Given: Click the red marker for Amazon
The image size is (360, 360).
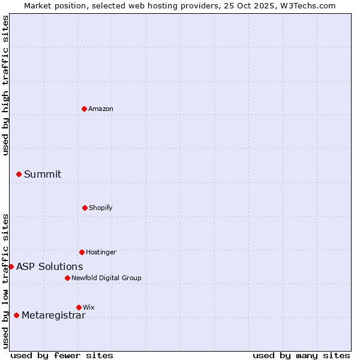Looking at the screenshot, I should pyautogui.click(x=85, y=109).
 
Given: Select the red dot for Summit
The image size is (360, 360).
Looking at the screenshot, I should pyautogui.click(x=19, y=174).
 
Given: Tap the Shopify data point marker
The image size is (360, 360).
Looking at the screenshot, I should pyautogui.click(x=85, y=208).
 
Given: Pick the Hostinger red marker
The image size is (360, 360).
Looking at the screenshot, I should pyautogui.click(x=82, y=252).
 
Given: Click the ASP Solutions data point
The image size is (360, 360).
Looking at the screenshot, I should pyautogui.click(x=11, y=266).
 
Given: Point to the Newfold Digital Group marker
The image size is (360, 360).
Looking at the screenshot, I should pyautogui.click(x=68, y=278).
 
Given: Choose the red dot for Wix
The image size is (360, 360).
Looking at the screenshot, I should pyautogui.click(x=79, y=307).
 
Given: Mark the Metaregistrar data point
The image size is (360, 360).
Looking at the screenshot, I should pyautogui.click(x=16, y=315).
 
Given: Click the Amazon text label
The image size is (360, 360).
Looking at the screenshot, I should pyautogui.click(x=101, y=109).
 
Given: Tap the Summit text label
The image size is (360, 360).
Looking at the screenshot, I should pyautogui.click(x=43, y=174).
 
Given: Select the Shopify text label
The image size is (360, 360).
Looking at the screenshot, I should pyautogui.click(x=101, y=208).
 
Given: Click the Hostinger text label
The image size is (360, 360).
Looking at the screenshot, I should pyautogui.click(x=101, y=252).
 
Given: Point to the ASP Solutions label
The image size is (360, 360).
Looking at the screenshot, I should pyautogui.click(x=50, y=266).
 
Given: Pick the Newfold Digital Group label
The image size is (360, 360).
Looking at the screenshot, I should pyautogui.click(x=106, y=278).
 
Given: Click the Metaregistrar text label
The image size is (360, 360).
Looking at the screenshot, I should pyautogui.click(x=53, y=315).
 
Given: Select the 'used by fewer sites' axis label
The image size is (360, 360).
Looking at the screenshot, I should pyautogui.click(x=62, y=355).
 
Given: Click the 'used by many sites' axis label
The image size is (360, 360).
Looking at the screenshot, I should pyautogui.click(x=301, y=355).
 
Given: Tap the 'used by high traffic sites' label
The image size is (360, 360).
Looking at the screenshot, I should pyautogui.click(x=5, y=85).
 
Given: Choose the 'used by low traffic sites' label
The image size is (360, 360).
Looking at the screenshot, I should pyautogui.click(x=5, y=281).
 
